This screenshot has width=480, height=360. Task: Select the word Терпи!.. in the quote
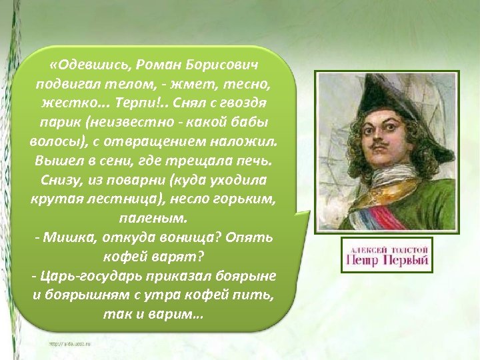coord(137,105)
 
